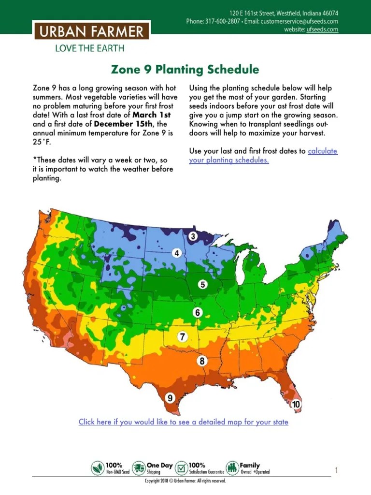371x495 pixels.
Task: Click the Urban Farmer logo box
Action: [91, 32]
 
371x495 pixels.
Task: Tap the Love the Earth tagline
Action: [89, 48]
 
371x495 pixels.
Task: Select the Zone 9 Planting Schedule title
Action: [185, 70]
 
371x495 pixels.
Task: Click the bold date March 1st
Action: [152, 115]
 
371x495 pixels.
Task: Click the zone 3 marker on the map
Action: [193, 236]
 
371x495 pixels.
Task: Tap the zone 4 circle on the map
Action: [177, 253]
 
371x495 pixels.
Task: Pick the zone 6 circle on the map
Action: [197, 312]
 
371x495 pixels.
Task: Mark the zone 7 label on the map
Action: [183, 337]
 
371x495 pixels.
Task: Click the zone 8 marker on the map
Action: [202, 361]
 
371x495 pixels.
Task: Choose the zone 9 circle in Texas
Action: [170, 398]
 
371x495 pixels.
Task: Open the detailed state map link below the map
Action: [184, 422]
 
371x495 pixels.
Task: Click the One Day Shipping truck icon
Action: [139, 468]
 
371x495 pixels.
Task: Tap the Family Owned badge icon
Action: [232, 468]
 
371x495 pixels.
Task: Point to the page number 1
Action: [336, 470]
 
